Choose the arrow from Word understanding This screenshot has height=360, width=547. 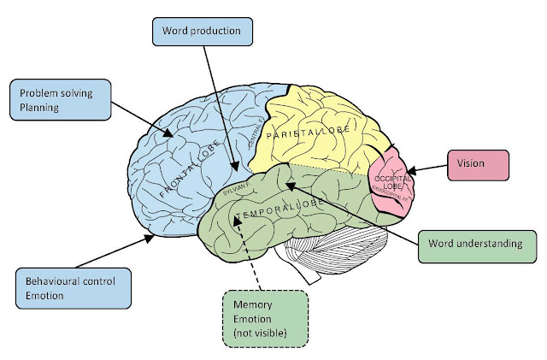[359, 210]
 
